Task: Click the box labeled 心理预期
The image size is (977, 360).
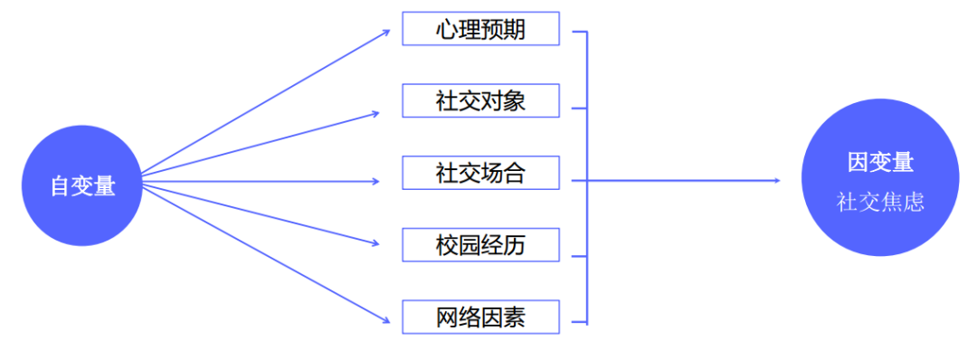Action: click(481, 30)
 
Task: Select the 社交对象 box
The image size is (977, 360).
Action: click(481, 101)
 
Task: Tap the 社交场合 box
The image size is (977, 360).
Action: click(481, 173)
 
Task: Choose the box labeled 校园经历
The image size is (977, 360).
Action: click(481, 245)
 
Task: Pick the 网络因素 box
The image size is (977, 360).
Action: click(481, 317)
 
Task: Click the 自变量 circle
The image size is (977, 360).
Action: click(82, 185)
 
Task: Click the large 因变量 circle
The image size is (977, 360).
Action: click(879, 177)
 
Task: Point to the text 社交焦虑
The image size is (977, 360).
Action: click(880, 202)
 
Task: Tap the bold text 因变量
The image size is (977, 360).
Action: click(880, 163)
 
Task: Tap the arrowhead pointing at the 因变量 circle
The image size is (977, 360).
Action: click(775, 180)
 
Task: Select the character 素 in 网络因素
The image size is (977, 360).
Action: click(515, 317)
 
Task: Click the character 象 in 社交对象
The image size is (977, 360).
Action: click(515, 101)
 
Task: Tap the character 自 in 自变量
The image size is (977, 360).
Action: click(61, 185)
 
